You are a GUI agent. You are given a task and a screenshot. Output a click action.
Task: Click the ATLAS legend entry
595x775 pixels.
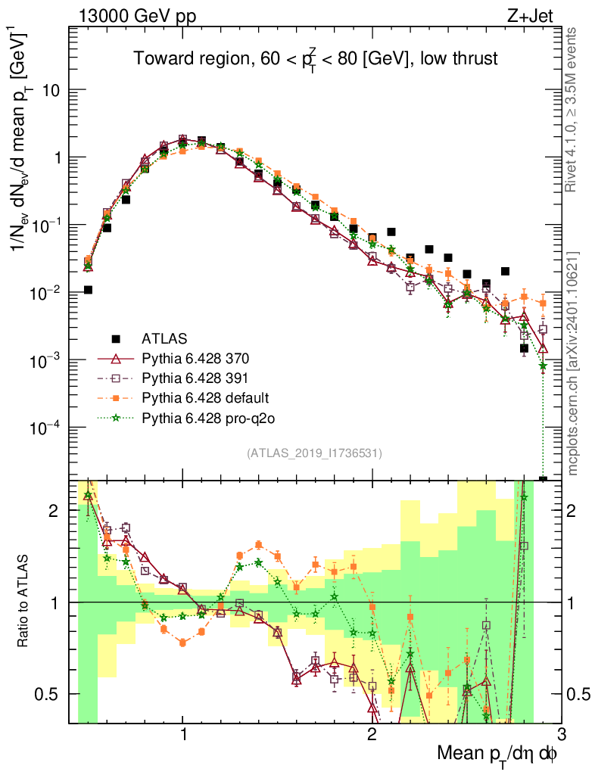[164, 338]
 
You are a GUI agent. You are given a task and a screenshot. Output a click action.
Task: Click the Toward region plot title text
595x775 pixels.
[315, 59]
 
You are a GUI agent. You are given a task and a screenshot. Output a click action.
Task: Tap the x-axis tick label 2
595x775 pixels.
[372, 736]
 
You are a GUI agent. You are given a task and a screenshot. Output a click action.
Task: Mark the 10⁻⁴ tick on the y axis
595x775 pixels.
[50, 428]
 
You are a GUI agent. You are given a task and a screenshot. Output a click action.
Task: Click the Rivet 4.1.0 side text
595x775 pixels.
[573, 110]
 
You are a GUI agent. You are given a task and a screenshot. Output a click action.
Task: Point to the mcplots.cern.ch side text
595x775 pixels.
[573, 363]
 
